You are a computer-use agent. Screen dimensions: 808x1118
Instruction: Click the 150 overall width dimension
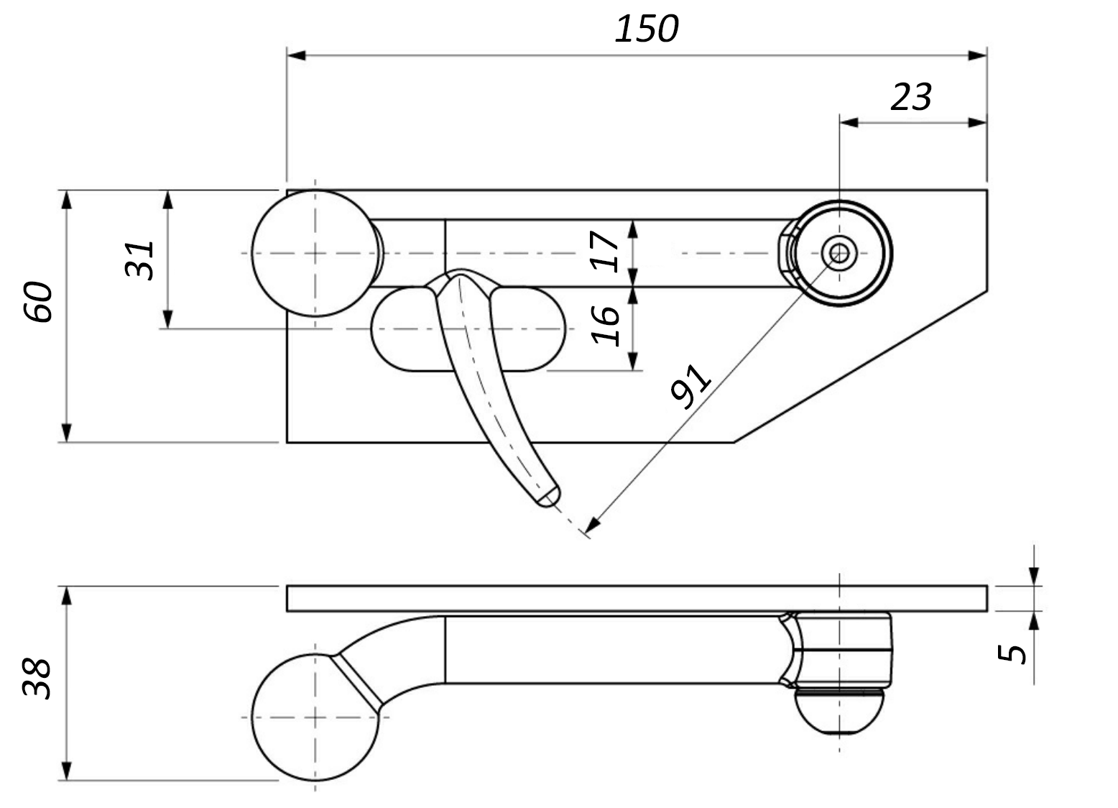(646, 29)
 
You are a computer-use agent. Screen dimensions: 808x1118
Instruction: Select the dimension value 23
(910, 97)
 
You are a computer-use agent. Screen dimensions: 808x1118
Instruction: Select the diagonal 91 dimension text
(690, 386)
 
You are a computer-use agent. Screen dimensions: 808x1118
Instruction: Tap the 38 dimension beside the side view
(37, 679)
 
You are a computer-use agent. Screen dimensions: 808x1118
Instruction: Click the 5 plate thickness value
(1012, 653)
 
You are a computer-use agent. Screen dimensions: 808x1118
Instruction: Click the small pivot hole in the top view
(838, 252)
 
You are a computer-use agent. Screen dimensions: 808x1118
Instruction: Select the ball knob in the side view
(315, 717)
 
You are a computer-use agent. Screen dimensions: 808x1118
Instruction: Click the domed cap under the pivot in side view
(839, 712)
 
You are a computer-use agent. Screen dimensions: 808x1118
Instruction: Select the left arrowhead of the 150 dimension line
(296, 55)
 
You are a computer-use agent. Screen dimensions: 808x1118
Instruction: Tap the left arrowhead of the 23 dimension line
(849, 122)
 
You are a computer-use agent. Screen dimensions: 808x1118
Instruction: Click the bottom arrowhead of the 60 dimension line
(66, 432)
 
